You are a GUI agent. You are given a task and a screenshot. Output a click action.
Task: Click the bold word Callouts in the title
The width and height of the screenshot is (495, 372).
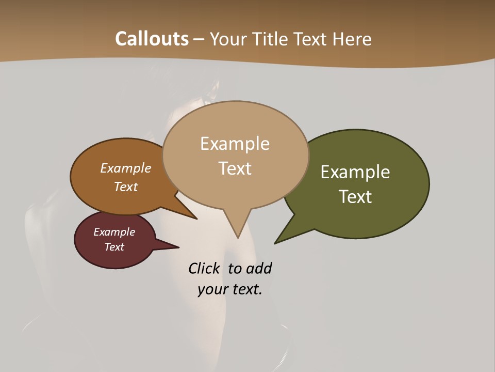click(152, 39)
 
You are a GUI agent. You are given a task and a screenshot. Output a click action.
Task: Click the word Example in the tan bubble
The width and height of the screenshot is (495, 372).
click(235, 144)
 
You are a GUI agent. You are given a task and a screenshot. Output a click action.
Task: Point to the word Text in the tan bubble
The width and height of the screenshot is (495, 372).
click(235, 168)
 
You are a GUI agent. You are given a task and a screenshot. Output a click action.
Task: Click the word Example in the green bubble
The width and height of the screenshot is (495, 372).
click(355, 172)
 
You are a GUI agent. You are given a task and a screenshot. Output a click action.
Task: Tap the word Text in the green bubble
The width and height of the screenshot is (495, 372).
click(356, 197)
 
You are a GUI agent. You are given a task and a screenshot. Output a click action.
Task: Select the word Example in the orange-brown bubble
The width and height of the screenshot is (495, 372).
click(126, 168)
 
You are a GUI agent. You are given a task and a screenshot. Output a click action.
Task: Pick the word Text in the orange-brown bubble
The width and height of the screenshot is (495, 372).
click(126, 187)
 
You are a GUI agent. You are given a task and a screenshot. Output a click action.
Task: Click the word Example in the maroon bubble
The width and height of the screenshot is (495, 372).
click(114, 232)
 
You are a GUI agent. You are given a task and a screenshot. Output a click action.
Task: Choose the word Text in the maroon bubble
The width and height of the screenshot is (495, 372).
click(114, 247)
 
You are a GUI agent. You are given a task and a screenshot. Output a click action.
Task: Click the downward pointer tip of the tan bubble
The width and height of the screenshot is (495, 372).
click(238, 237)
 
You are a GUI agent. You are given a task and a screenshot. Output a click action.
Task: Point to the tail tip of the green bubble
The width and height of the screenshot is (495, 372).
click(275, 242)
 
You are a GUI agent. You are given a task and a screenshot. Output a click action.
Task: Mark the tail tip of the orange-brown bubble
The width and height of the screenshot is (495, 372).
click(196, 219)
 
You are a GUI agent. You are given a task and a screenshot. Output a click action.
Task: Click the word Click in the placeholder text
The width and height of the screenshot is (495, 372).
click(204, 269)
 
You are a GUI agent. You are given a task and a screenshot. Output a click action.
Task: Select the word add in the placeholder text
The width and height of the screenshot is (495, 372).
click(259, 269)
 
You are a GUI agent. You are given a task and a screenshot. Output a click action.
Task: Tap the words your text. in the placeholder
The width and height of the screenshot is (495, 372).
click(230, 289)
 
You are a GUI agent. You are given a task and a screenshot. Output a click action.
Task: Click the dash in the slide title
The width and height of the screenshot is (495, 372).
click(200, 39)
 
